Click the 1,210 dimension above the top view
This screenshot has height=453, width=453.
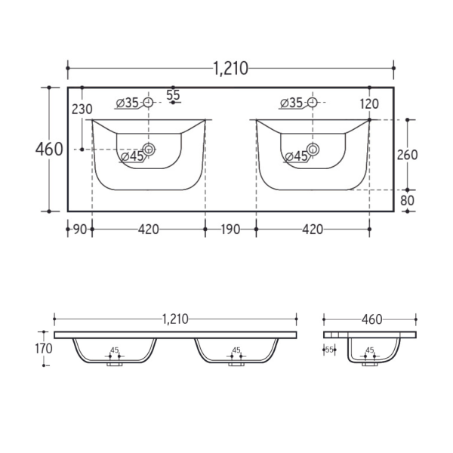230,69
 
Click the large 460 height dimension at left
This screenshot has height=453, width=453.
49,149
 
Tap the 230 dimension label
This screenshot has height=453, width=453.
82,109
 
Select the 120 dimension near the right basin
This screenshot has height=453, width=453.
369,104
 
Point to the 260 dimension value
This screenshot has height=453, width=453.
408,155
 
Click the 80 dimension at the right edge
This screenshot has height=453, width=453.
408,201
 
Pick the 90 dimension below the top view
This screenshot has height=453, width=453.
80,230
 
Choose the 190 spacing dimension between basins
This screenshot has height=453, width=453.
230,230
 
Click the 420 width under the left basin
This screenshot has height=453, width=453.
149,230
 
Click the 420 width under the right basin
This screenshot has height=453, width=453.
313,230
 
